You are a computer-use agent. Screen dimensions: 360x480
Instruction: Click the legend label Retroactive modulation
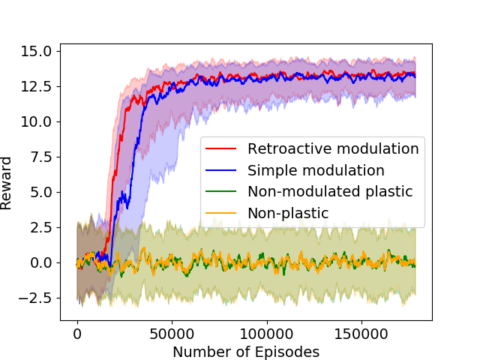(x=332, y=149)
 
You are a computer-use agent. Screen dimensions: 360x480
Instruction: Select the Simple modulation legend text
(x=316, y=170)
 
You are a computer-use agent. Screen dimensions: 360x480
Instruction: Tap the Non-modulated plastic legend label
(x=330, y=191)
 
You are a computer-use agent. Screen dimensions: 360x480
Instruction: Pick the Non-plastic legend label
(x=288, y=213)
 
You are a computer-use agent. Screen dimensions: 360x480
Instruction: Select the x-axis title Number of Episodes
(x=246, y=351)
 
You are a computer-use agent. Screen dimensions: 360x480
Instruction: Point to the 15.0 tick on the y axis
(x=37, y=52)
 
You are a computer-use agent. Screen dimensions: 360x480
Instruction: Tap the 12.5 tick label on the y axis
(x=37, y=87)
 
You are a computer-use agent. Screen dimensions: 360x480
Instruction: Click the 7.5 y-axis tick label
(x=40, y=157)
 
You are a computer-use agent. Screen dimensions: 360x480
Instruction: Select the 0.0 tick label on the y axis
(x=40, y=262)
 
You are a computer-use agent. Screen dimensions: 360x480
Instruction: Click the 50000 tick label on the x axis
(x=172, y=332)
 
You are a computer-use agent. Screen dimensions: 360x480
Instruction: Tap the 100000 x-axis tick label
(x=266, y=332)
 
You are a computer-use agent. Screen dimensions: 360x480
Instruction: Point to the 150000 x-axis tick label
(x=361, y=332)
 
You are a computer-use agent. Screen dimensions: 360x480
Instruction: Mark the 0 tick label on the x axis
(x=77, y=332)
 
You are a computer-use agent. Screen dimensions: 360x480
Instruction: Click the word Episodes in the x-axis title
(x=291, y=351)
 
